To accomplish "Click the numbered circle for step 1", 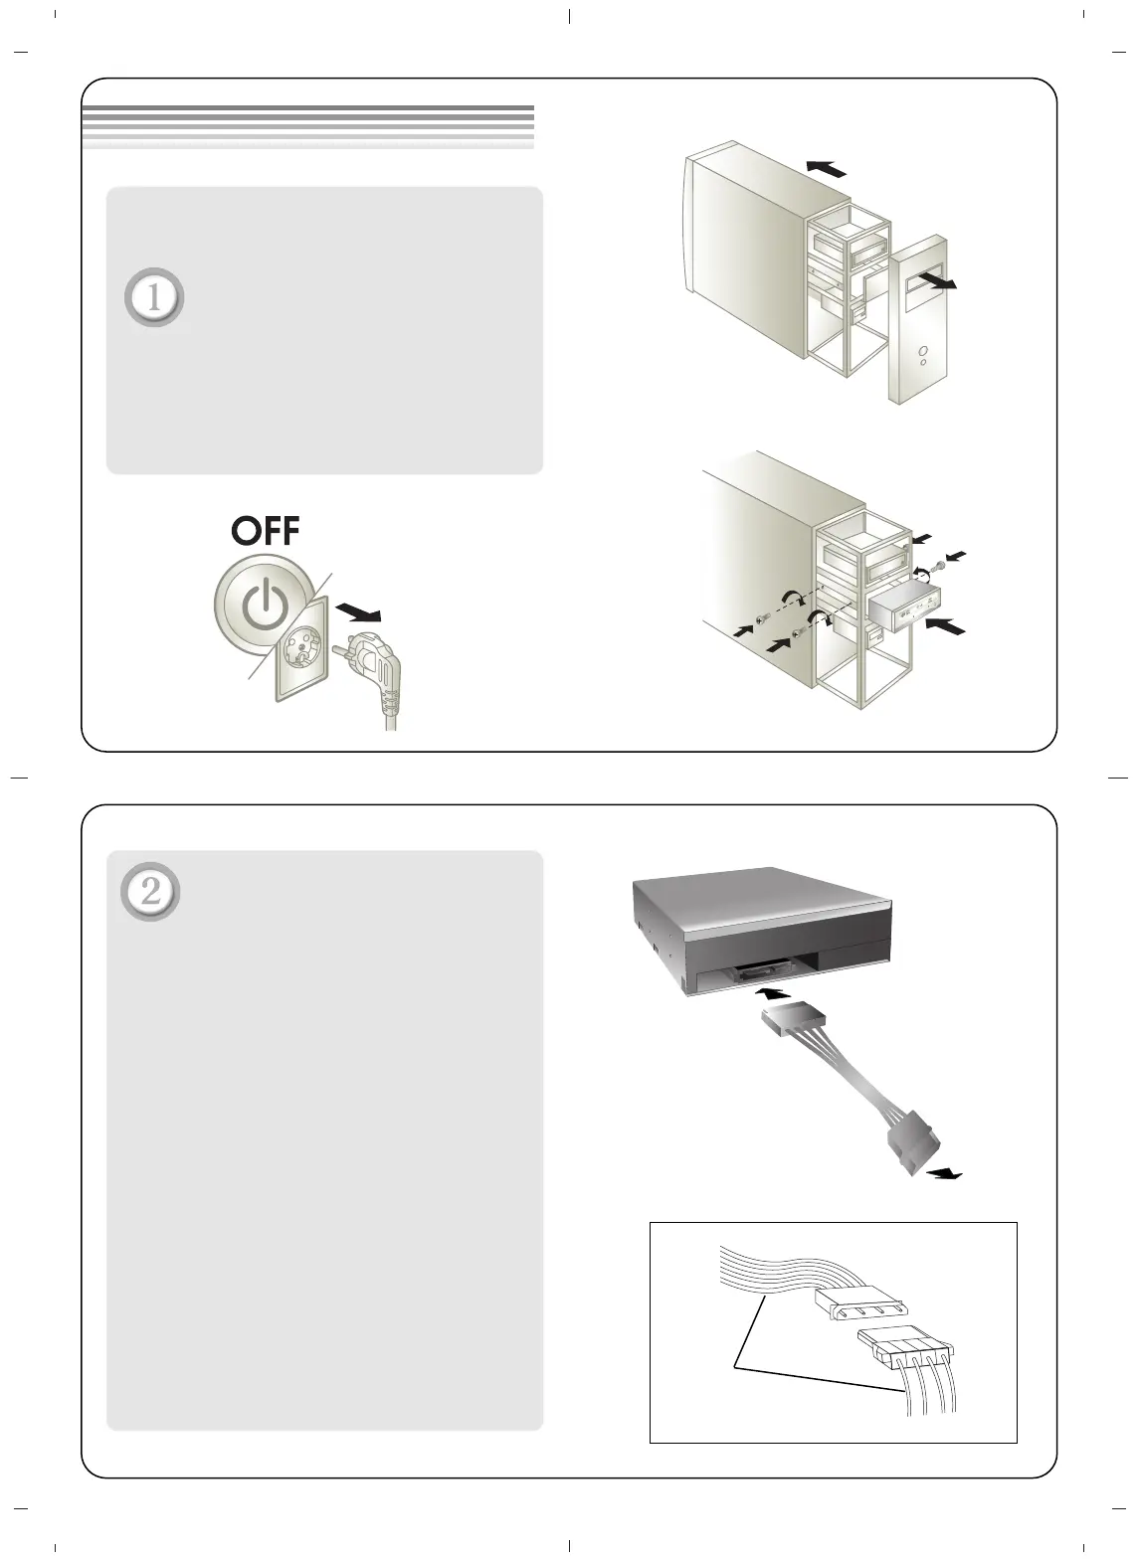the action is pos(154,297).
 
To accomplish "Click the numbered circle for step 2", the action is pos(150,892).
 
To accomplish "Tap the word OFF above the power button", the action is pos(265,531).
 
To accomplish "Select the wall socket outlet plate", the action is pos(302,649).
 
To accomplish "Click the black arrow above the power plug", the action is pos(358,612).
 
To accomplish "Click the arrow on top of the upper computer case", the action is pos(827,169).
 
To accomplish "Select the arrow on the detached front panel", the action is pos(937,280).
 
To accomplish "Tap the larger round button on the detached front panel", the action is pos(924,351).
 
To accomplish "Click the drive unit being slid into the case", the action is pos(904,607).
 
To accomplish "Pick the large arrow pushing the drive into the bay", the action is pos(946,625).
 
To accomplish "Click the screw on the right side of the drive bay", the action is pos(940,565).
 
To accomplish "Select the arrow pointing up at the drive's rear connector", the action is pos(773,993).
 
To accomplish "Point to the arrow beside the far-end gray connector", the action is pos(944,1175).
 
